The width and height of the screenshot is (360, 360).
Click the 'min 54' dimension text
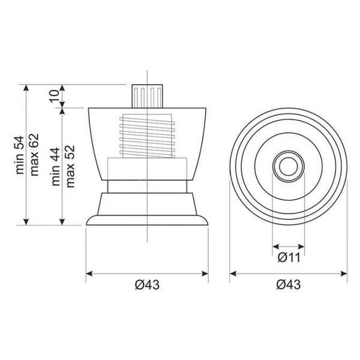(20, 155)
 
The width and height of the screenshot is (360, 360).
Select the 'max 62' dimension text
(34, 155)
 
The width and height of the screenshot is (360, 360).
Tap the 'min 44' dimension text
(56, 166)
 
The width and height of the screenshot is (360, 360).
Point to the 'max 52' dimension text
(70, 166)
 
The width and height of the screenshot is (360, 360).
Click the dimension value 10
(55, 96)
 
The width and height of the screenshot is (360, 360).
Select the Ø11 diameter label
(289, 257)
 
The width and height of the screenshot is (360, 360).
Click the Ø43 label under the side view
(147, 284)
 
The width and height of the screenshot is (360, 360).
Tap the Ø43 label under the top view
(289, 284)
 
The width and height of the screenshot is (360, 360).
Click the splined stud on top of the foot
(147, 96)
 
